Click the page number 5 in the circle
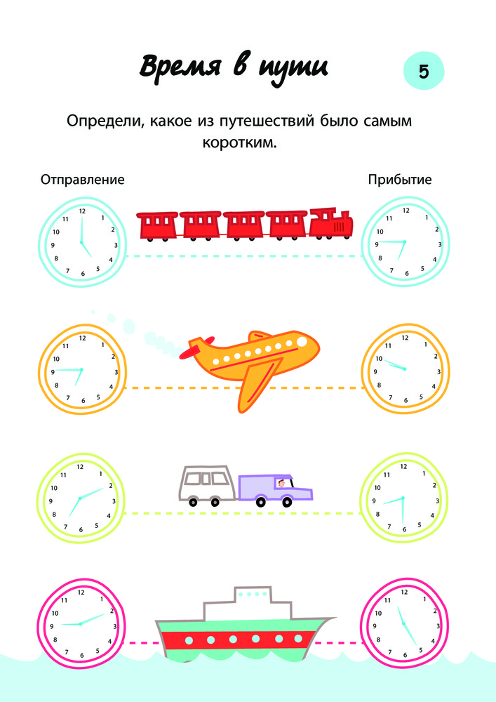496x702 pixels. [x=424, y=72]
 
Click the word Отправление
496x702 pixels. [x=83, y=180]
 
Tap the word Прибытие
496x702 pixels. [x=400, y=180]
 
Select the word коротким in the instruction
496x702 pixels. [x=240, y=143]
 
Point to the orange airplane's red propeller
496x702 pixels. [x=195, y=348]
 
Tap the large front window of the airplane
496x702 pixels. [x=302, y=342]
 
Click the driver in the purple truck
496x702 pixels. [x=281, y=484]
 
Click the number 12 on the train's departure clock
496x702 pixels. [x=82, y=211]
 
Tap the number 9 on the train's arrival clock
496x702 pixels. [x=377, y=244]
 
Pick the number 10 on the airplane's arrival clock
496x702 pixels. [x=379, y=359]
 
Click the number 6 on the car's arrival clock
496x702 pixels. [x=404, y=529]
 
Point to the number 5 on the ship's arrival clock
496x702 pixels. [x=420, y=649]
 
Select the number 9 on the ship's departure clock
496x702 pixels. [x=52, y=627]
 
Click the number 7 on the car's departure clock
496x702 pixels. [x=66, y=527]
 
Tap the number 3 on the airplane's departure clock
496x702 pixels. [x=116, y=372]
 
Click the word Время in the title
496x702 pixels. [x=180, y=66]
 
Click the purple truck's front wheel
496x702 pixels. [x=287, y=502]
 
